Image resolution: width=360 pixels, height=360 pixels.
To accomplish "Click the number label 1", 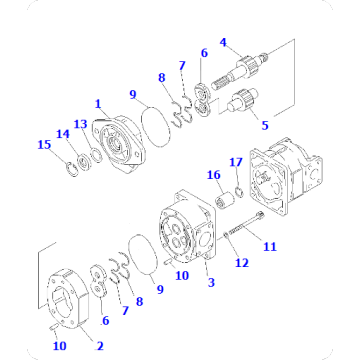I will (x=97, y=102).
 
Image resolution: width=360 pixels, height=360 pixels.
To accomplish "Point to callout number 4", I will (x=224, y=42).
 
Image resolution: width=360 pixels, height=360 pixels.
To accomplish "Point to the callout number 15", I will (x=43, y=145).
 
